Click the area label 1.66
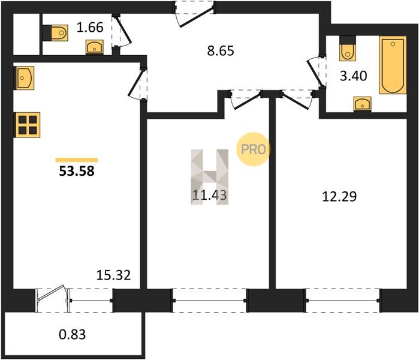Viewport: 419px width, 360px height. coord(90,28)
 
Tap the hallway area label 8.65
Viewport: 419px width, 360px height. coord(221,50)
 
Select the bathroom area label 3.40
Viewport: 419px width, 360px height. coord(353,76)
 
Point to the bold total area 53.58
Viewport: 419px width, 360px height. coord(77,171)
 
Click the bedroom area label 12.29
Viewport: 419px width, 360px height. coord(339,197)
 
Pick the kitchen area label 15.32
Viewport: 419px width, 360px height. coord(113,275)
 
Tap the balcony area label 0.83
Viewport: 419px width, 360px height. coord(72,334)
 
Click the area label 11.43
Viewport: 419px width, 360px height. coord(210,195)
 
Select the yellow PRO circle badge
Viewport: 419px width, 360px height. coord(254,149)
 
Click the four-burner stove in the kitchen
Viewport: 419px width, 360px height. coord(28,125)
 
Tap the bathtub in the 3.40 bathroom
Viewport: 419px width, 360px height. coord(393,65)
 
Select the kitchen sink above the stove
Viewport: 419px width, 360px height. coord(24,78)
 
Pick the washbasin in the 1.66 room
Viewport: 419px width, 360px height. coord(95,47)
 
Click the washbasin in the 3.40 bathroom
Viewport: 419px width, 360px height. coord(362,104)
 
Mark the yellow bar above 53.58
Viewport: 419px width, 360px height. coord(77,160)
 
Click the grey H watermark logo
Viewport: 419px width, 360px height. coord(210,177)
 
